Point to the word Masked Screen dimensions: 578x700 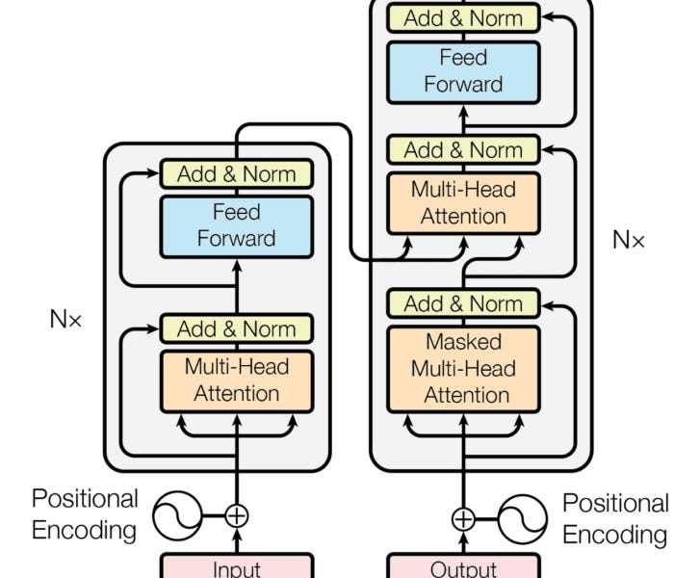463,342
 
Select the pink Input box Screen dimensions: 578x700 236,565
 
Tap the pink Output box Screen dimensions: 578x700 463,565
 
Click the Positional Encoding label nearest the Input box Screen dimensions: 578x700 85,513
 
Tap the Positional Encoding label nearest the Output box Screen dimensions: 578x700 615,518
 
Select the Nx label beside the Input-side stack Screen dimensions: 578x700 66,319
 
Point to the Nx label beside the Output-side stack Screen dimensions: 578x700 629,240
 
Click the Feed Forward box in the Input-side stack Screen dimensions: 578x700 236,225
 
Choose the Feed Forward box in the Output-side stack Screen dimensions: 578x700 463,71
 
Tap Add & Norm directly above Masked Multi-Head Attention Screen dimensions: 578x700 463,303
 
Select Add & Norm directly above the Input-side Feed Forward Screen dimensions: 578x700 236,174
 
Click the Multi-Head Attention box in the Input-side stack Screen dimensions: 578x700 236,380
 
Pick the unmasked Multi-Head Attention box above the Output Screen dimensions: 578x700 463,202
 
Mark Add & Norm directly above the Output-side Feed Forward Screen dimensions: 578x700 463,17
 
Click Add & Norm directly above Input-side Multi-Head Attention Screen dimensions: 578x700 236,328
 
